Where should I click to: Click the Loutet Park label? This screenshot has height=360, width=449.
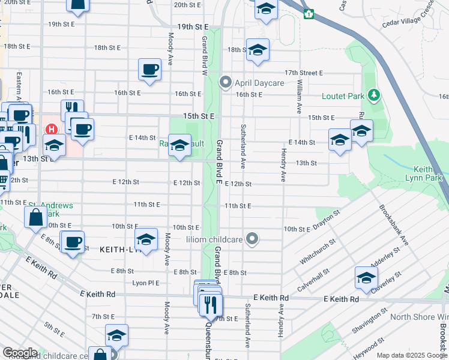343,95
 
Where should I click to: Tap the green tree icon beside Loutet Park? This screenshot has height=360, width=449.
374,95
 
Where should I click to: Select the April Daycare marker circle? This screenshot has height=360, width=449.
226,82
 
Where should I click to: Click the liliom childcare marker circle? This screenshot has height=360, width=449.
253,239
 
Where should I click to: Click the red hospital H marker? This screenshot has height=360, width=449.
52,129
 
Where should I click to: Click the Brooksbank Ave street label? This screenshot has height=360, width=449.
394,226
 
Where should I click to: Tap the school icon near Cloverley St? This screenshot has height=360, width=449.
366,277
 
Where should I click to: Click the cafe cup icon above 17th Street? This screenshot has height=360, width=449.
149,69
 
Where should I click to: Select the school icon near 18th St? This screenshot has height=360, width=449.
258,50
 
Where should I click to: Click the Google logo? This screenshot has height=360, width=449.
20,352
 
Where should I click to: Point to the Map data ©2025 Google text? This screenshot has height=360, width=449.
412,355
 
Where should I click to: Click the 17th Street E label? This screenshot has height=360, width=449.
304,73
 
